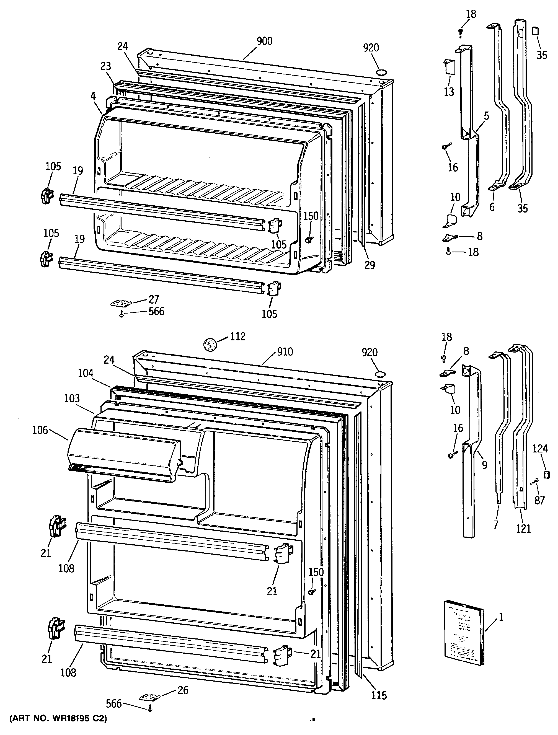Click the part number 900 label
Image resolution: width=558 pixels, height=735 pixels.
pos(264,41)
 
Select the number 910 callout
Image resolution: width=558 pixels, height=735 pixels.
pos(285,352)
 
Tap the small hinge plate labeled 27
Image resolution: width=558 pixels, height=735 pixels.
pos(121,303)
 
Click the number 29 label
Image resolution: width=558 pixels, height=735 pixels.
pos(370,265)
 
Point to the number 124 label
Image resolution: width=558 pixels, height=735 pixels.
pos(540,449)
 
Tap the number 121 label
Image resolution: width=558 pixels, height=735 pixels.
pos(523,528)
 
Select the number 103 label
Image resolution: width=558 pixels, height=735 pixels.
pos(72,398)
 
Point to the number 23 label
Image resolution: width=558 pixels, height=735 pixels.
pos(105,66)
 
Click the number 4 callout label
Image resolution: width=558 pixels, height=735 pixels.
pos(93,96)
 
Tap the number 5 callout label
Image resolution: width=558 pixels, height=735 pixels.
pos(486,116)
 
